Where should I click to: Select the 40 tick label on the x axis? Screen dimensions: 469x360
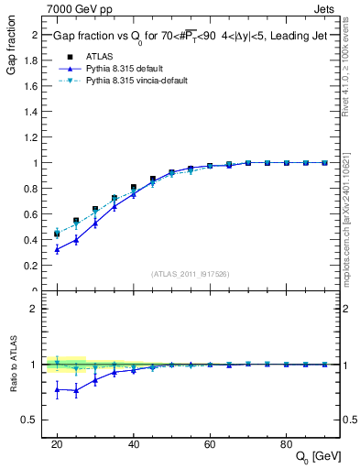point(134,443)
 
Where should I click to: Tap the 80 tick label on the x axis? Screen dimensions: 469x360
point(287,443)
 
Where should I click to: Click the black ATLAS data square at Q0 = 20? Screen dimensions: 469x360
point(57,234)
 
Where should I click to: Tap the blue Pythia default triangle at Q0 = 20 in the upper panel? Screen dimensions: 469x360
point(57,249)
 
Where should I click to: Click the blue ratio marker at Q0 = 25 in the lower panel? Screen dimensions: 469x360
point(76,390)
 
